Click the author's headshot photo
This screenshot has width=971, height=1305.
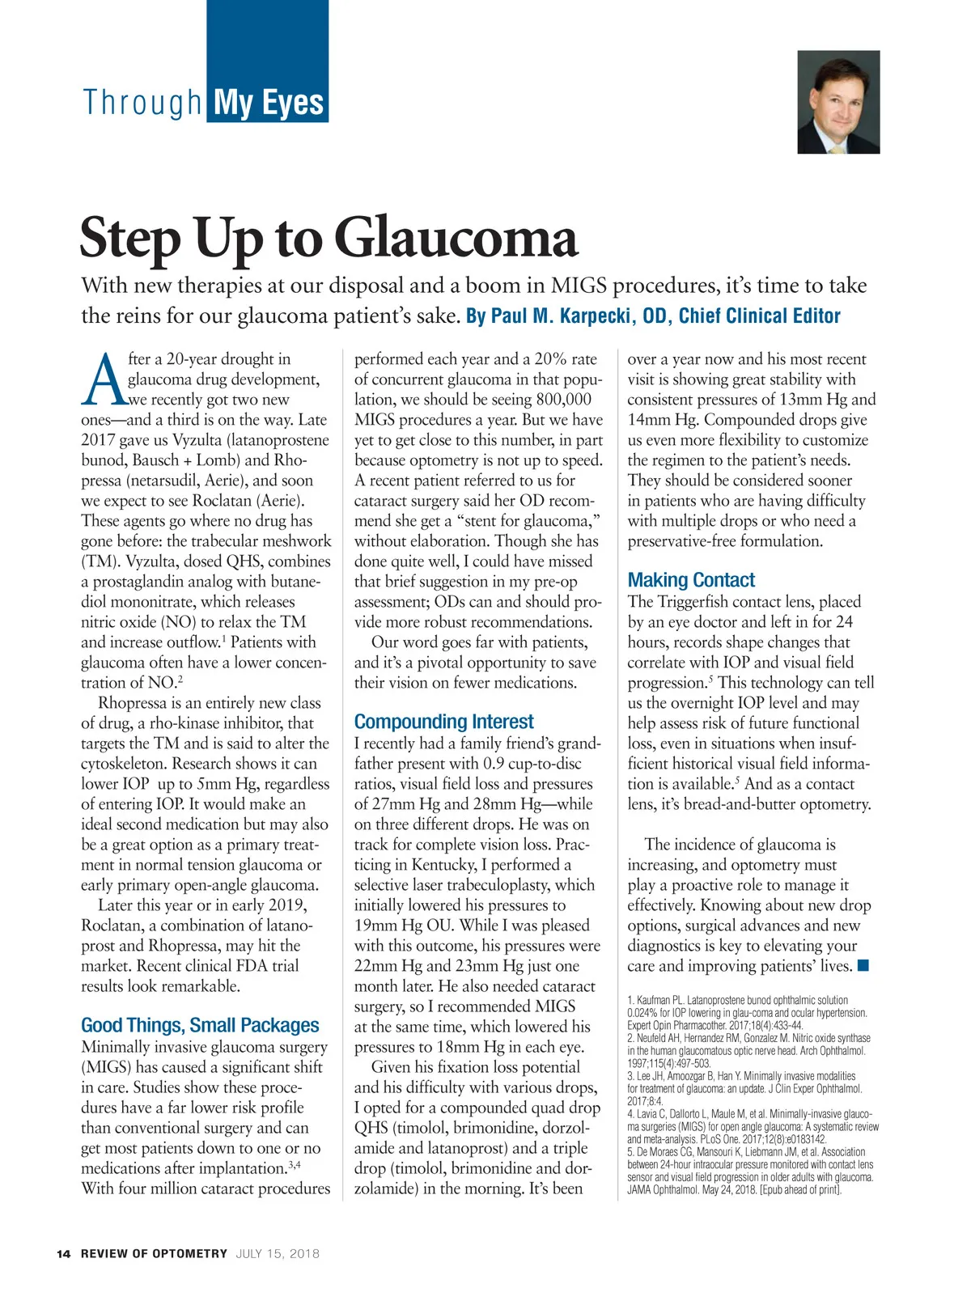[x=838, y=102]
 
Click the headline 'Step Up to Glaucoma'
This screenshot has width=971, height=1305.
[x=329, y=237]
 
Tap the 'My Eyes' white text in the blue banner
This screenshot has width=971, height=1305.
[x=268, y=104]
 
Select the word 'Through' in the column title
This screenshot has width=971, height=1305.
[x=142, y=104]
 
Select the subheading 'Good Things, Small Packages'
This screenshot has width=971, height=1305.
[x=200, y=1025]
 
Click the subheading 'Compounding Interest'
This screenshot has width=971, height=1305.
[x=443, y=722]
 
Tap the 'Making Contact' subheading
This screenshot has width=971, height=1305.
[x=691, y=580]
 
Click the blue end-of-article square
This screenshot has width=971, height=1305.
[x=863, y=965]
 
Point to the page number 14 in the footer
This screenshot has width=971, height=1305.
[x=64, y=1254]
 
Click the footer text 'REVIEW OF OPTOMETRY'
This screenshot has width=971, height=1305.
[x=154, y=1254]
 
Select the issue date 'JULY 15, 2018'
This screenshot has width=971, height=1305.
[x=278, y=1254]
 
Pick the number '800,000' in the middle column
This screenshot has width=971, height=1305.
[x=564, y=400]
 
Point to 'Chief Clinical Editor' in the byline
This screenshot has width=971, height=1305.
[x=759, y=316]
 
